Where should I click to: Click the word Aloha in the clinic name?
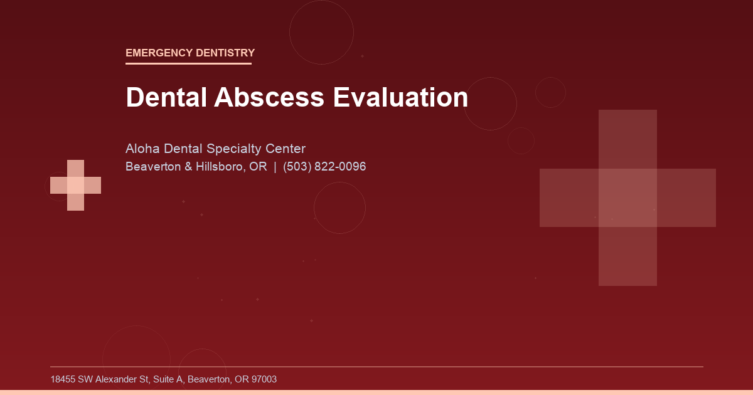pyautogui.click(x=143, y=149)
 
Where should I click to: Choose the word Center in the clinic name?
pyautogui.click(x=285, y=149)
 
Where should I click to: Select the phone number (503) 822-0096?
pyautogui.click(x=324, y=167)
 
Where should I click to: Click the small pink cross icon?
pyautogui.click(x=75, y=185)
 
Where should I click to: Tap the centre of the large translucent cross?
pyautogui.click(x=627, y=197)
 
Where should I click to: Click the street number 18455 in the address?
pyautogui.click(x=63, y=379)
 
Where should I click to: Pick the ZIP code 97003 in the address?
pyautogui.click(x=264, y=379)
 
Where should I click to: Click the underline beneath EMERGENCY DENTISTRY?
pyautogui.click(x=188, y=63)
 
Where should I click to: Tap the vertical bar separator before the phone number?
pyautogui.click(x=275, y=167)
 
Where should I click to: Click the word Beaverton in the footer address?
pyautogui.click(x=208, y=379)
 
